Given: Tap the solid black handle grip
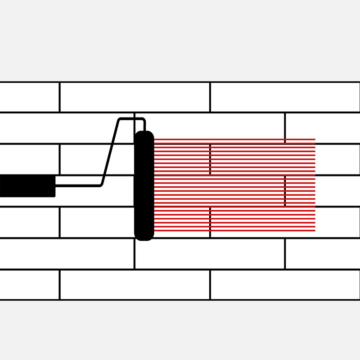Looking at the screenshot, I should click(27, 185).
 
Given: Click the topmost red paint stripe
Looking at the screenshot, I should click(234, 139).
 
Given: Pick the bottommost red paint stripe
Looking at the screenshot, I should click(234, 231).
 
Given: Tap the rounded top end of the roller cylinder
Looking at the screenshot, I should click(144, 134).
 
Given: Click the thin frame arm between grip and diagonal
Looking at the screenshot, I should click(76, 185).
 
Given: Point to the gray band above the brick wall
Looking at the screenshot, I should click(180, 40).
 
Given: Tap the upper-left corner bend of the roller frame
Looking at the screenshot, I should click(119, 120).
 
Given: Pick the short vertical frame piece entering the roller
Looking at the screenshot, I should click(144, 125).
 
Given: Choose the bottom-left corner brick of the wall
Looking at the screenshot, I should click(29, 284).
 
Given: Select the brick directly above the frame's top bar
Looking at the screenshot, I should click(135, 97).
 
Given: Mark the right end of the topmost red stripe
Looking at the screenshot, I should click(314, 139).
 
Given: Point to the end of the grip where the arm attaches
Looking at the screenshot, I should click(54, 185).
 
